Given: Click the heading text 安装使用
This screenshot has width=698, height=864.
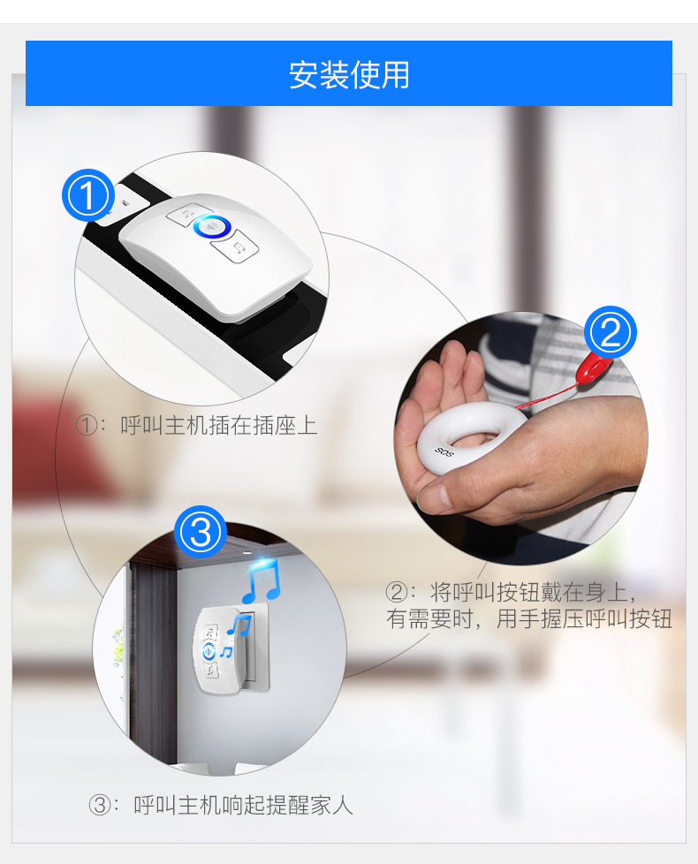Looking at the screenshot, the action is tap(349, 75).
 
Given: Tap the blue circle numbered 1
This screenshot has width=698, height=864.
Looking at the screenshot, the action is tap(88, 195).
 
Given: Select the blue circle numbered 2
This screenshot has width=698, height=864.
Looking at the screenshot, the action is tap(610, 332).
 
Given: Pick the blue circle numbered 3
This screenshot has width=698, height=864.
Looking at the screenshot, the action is tap(201, 532).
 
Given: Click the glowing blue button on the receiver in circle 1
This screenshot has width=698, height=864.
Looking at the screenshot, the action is tap(212, 226).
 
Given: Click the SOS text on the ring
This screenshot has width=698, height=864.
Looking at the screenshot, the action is tap(444, 451).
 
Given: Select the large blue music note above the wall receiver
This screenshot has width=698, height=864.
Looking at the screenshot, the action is tap(262, 581).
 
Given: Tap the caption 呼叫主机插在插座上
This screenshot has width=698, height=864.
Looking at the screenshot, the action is tap(219, 426).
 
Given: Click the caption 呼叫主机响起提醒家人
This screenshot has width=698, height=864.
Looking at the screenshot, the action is tap(243, 806).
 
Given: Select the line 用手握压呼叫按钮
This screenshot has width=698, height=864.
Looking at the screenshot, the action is tap(584, 618).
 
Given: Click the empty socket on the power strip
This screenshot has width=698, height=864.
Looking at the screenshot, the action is tap(125, 201).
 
